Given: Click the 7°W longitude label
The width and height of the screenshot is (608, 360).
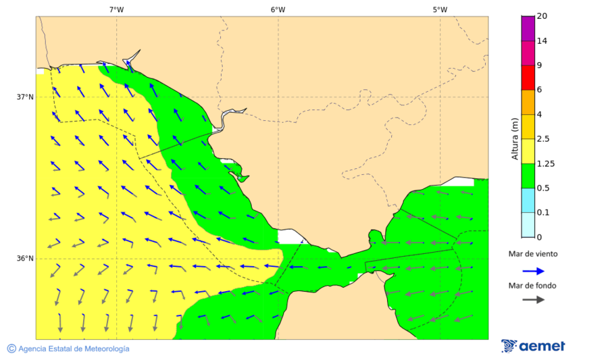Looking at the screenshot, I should point(116,9).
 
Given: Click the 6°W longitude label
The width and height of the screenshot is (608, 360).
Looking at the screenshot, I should point(278,9).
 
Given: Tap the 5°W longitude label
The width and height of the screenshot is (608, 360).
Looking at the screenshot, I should point(440,9).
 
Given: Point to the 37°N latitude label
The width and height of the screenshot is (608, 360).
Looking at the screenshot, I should point(25,97).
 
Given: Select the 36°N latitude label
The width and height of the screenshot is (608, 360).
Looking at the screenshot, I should point(25,259).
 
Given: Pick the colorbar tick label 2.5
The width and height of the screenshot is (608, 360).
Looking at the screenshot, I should point(543,139).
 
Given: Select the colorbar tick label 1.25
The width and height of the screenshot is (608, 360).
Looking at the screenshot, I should point(545,163).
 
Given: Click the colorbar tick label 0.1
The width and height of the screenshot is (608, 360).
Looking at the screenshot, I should point(543,213).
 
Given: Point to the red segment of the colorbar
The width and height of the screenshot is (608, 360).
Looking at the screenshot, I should point(528,77).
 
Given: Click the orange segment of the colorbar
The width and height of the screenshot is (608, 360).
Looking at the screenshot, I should point(528,102).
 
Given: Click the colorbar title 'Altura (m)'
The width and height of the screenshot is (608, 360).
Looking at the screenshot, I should point(515,138).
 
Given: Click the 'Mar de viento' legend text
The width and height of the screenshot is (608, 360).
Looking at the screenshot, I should point(533,254).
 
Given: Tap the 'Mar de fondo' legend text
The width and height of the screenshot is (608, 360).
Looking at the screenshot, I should point(533,285).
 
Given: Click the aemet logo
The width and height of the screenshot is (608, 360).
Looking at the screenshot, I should point(533,346).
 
